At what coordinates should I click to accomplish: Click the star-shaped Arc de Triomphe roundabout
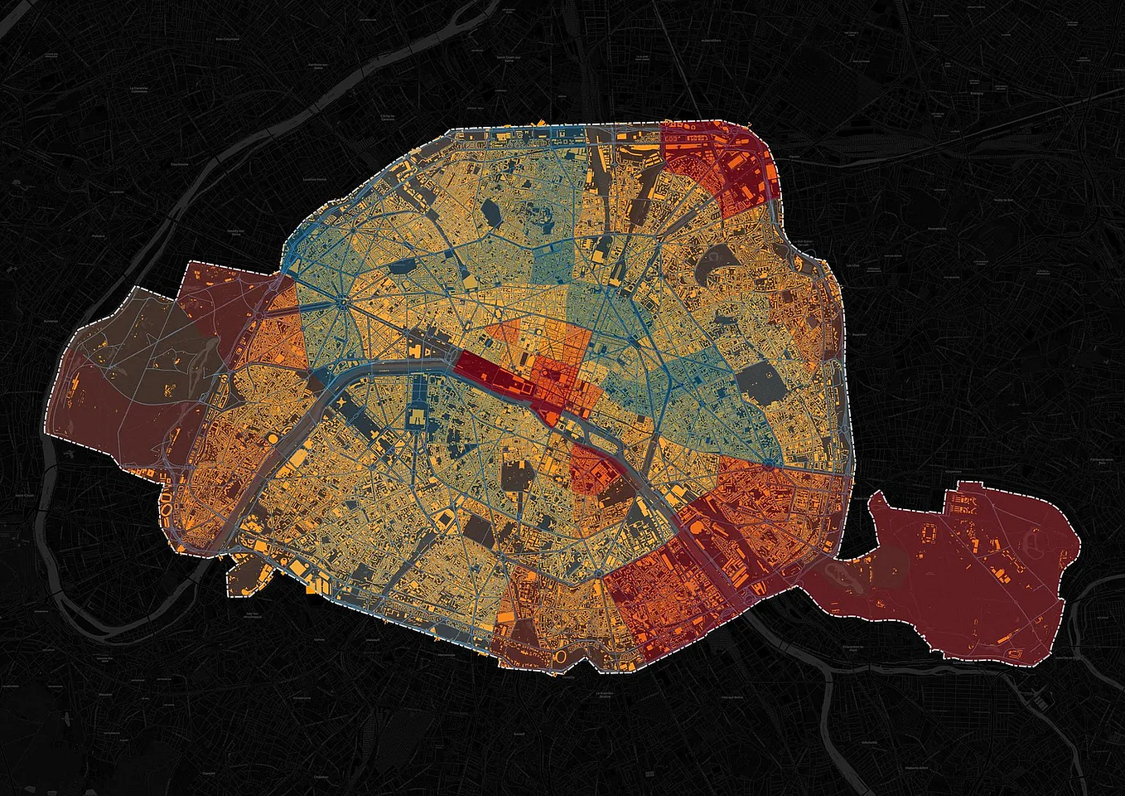coord(340,303)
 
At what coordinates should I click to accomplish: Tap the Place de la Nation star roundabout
coord(768,464)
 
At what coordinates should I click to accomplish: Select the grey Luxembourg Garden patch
coord(516,477)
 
